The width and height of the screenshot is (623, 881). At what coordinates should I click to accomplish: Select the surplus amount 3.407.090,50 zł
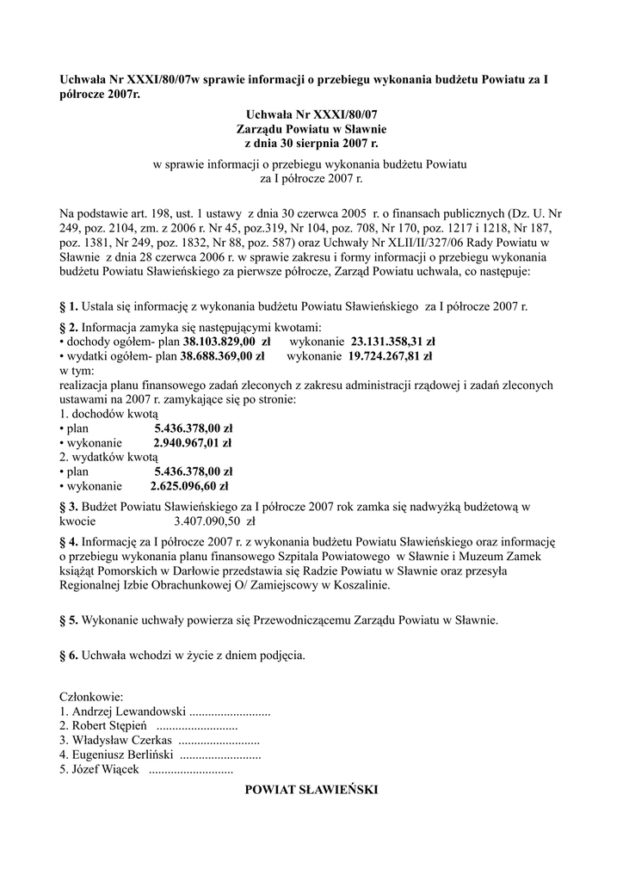coord(214,521)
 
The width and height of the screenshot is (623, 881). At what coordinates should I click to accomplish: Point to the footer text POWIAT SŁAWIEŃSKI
coord(311,789)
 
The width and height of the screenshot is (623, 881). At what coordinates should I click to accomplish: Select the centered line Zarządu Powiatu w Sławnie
coord(311,129)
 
